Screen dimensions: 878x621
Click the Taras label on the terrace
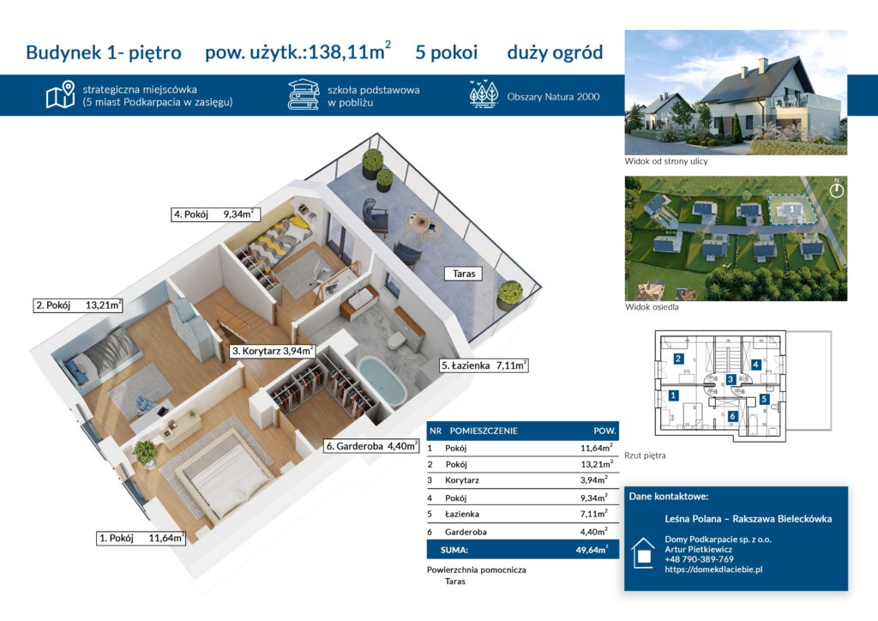click(x=464, y=274)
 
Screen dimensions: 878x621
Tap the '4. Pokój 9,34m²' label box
click(x=215, y=214)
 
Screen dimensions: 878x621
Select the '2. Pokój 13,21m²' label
click(x=78, y=305)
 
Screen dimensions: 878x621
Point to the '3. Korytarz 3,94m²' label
click(x=272, y=351)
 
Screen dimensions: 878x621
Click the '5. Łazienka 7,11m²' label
click(x=484, y=365)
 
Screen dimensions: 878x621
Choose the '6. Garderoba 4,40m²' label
click(x=372, y=446)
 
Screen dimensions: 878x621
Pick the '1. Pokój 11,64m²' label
click(x=141, y=538)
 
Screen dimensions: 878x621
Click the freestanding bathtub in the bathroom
click(x=382, y=382)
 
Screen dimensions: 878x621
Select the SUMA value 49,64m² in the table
click(x=592, y=550)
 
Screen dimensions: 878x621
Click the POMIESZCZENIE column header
click(x=484, y=431)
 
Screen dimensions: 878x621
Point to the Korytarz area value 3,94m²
click(x=593, y=479)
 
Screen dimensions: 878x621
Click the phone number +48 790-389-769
click(x=699, y=559)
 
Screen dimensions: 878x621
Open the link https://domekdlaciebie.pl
click(x=713, y=570)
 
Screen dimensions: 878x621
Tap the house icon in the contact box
click(x=643, y=553)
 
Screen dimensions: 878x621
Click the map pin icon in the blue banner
click(x=61, y=94)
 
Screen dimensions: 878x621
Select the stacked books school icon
click(x=303, y=94)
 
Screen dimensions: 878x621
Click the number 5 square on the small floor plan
click(x=764, y=399)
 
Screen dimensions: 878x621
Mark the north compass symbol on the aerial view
click(x=837, y=190)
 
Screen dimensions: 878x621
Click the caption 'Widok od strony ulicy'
click(x=665, y=161)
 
